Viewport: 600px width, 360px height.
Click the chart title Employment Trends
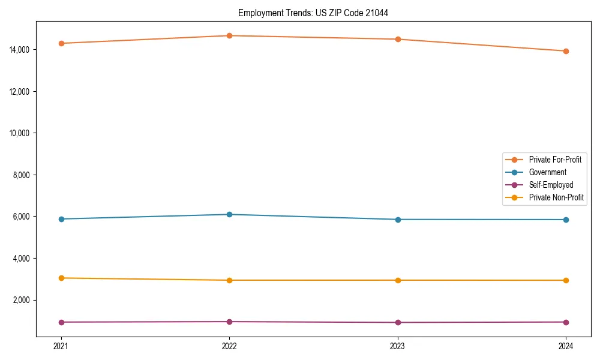pos(313,13)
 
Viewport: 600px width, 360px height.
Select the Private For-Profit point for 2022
pos(229,35)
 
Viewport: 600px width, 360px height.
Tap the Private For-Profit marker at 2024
pos(566,51)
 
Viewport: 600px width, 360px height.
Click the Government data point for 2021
pos(61,219)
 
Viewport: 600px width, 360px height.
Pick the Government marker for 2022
pos(229,214)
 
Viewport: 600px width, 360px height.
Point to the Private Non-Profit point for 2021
pos(61,278)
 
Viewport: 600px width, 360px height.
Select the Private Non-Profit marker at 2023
pos(398,280)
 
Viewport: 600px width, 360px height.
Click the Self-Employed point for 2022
pos(229,322)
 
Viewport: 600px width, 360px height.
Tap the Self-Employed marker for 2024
pos(566,322)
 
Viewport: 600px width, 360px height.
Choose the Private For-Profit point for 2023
pos(398,39)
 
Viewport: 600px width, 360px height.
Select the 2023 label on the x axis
pos(398,346)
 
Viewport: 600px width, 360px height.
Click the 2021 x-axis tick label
pos(61,346)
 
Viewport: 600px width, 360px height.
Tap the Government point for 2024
pos(566,220)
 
